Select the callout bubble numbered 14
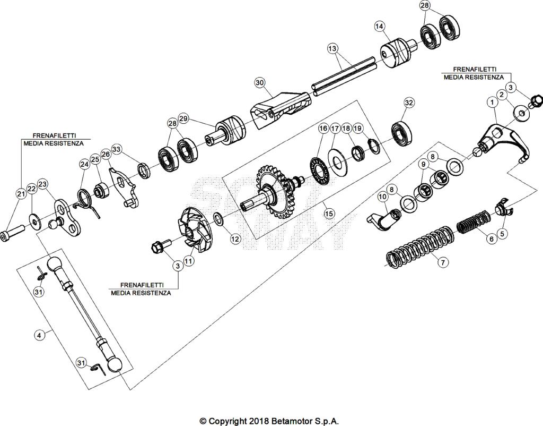[379, 26]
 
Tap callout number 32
[408, 102]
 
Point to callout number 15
[329, 214]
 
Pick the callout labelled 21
[21, 194]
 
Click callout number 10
[383, 197]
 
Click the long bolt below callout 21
[15, 231]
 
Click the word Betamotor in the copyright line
[297, 421]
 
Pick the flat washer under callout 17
[336, 160]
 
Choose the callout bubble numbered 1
[493, 101]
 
